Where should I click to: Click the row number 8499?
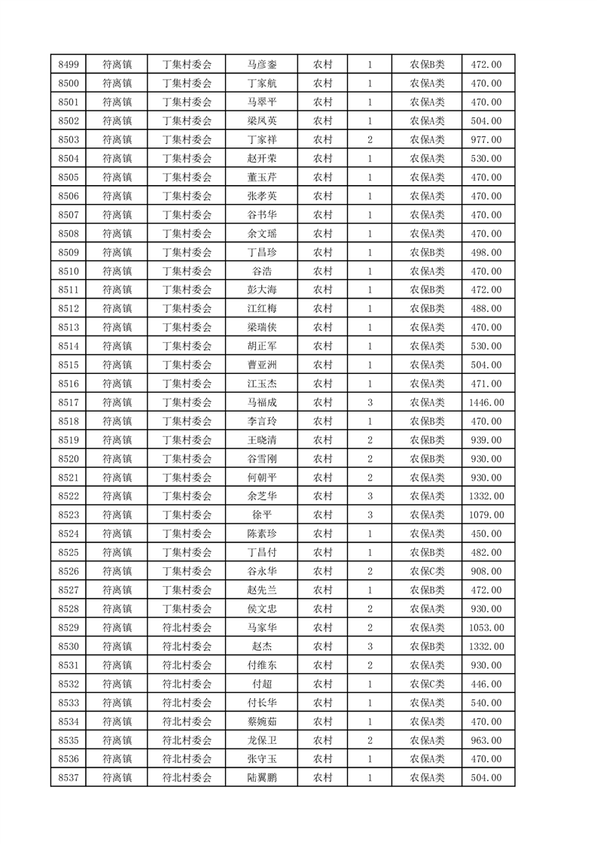(x=68, y=65)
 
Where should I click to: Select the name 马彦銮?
(x=261, y=65)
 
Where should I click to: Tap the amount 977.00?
(x=486, y=140)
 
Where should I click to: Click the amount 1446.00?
(x=486, y=402)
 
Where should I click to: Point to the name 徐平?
(x=261, y=515)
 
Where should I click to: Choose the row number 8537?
(x=68, y=778)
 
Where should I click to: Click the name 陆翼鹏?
(x=261, y=778)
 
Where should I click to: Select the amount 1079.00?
(x=486, y=515)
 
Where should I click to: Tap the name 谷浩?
(x=261, y=271)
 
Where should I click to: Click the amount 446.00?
(x=486, y=684)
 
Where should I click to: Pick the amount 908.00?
(x=486, y=572)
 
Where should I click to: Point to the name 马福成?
(x=261, y=402)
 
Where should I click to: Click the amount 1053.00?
(x=486, y=627)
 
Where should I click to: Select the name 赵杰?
(x=261, y=646)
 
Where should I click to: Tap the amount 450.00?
(x=486, y=534)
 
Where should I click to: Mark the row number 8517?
(x=68, y=402)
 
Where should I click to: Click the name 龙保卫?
(x=261, y=740)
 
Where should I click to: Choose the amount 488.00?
(x=486, y=308)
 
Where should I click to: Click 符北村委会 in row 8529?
(x=187, y=627)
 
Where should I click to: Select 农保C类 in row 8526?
(x=427, y=572)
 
